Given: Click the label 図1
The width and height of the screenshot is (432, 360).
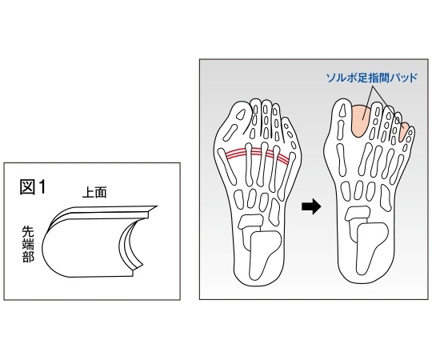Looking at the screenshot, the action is point(32,187).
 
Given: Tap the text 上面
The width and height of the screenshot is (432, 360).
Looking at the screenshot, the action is point(94,192).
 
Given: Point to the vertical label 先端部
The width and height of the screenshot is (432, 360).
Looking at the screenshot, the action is point(28,244).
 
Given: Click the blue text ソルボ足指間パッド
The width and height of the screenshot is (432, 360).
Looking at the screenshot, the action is point(372,78).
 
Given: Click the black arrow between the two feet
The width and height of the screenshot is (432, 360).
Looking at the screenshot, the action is point(311,206).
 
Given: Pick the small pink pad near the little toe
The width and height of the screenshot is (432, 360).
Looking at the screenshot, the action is point(404,132).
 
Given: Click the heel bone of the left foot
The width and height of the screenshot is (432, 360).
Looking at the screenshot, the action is point(265,254).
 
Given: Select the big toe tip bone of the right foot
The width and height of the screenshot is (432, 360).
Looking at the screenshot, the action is point(342,110).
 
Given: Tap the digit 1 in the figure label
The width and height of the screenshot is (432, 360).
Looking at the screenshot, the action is point(42,187).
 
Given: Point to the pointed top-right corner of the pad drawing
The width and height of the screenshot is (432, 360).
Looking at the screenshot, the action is point(158,206).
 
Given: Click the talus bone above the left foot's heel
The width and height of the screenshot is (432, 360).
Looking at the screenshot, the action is point(250,222).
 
